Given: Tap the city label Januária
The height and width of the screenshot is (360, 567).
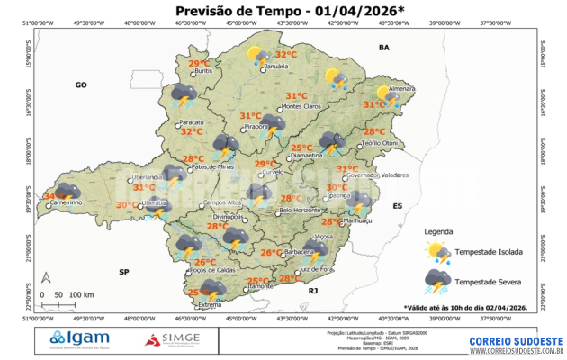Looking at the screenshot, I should point(277,67).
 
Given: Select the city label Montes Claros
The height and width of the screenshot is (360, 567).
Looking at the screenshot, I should point(301,107).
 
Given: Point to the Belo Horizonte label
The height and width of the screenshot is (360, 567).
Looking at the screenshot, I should point(301,211).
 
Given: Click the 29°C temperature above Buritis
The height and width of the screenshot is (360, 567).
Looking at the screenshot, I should point(198,63).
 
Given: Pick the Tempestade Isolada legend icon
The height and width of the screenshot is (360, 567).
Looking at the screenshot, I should point(438,250).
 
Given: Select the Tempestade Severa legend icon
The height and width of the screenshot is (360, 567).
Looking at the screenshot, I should point(438,282).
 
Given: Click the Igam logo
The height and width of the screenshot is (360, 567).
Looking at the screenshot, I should point(81,339).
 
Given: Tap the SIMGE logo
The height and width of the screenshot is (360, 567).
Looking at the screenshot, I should point(174,339).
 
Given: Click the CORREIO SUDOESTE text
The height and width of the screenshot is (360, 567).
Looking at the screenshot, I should point(517,342).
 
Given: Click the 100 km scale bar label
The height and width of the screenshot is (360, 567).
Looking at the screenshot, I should point(82,295).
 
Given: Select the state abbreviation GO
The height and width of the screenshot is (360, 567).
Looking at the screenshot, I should point(80,84).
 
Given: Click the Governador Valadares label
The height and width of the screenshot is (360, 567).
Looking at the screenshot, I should point(376,176).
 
